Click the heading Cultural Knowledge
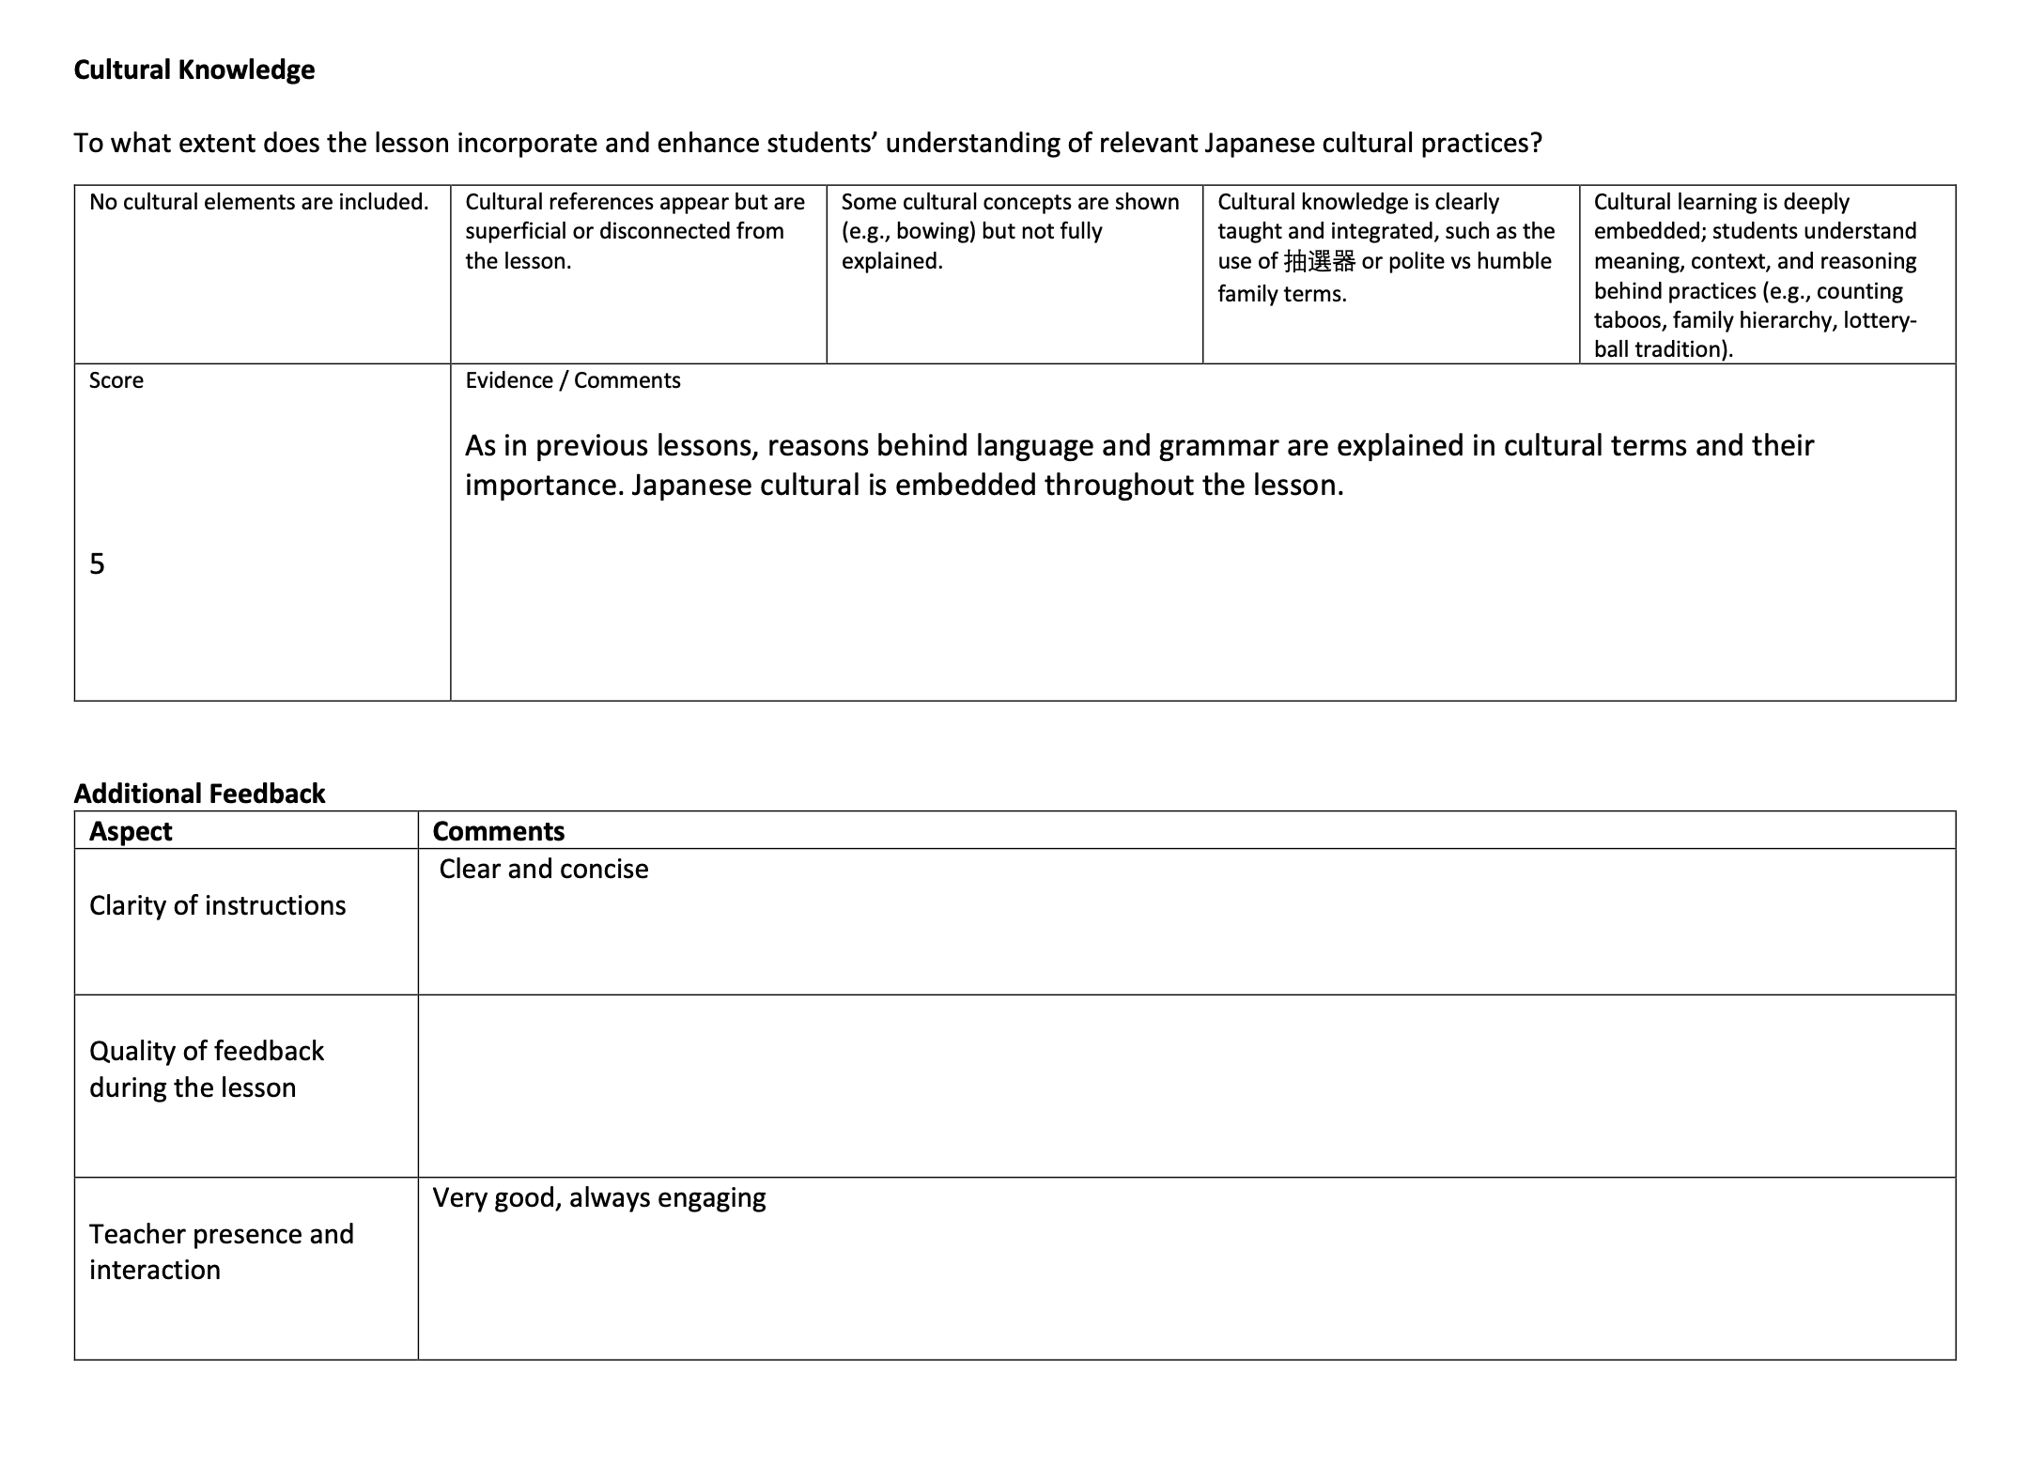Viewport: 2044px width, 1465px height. (x=194, y=70)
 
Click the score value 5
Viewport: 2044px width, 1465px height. (x=97, y=563)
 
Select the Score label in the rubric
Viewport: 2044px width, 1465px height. (x=116, y=380)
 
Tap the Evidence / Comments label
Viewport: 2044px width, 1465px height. (x=572, y=380)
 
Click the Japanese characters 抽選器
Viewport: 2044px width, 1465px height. (x=1319, y=262)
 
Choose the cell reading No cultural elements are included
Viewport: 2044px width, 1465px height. (x=258, y=202)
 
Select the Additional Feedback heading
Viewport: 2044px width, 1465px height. (x=199, y=794)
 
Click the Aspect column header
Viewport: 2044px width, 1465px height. (x=131, y=831)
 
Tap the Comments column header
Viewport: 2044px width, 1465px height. (x=498, y=831)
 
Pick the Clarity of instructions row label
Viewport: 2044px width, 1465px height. (x=217, y=905)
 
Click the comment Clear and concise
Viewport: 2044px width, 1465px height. (x=543, y=869)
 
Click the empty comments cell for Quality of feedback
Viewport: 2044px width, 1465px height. (x=1185, y=1086)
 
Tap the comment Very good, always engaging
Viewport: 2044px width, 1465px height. (x=598, y=1197)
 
